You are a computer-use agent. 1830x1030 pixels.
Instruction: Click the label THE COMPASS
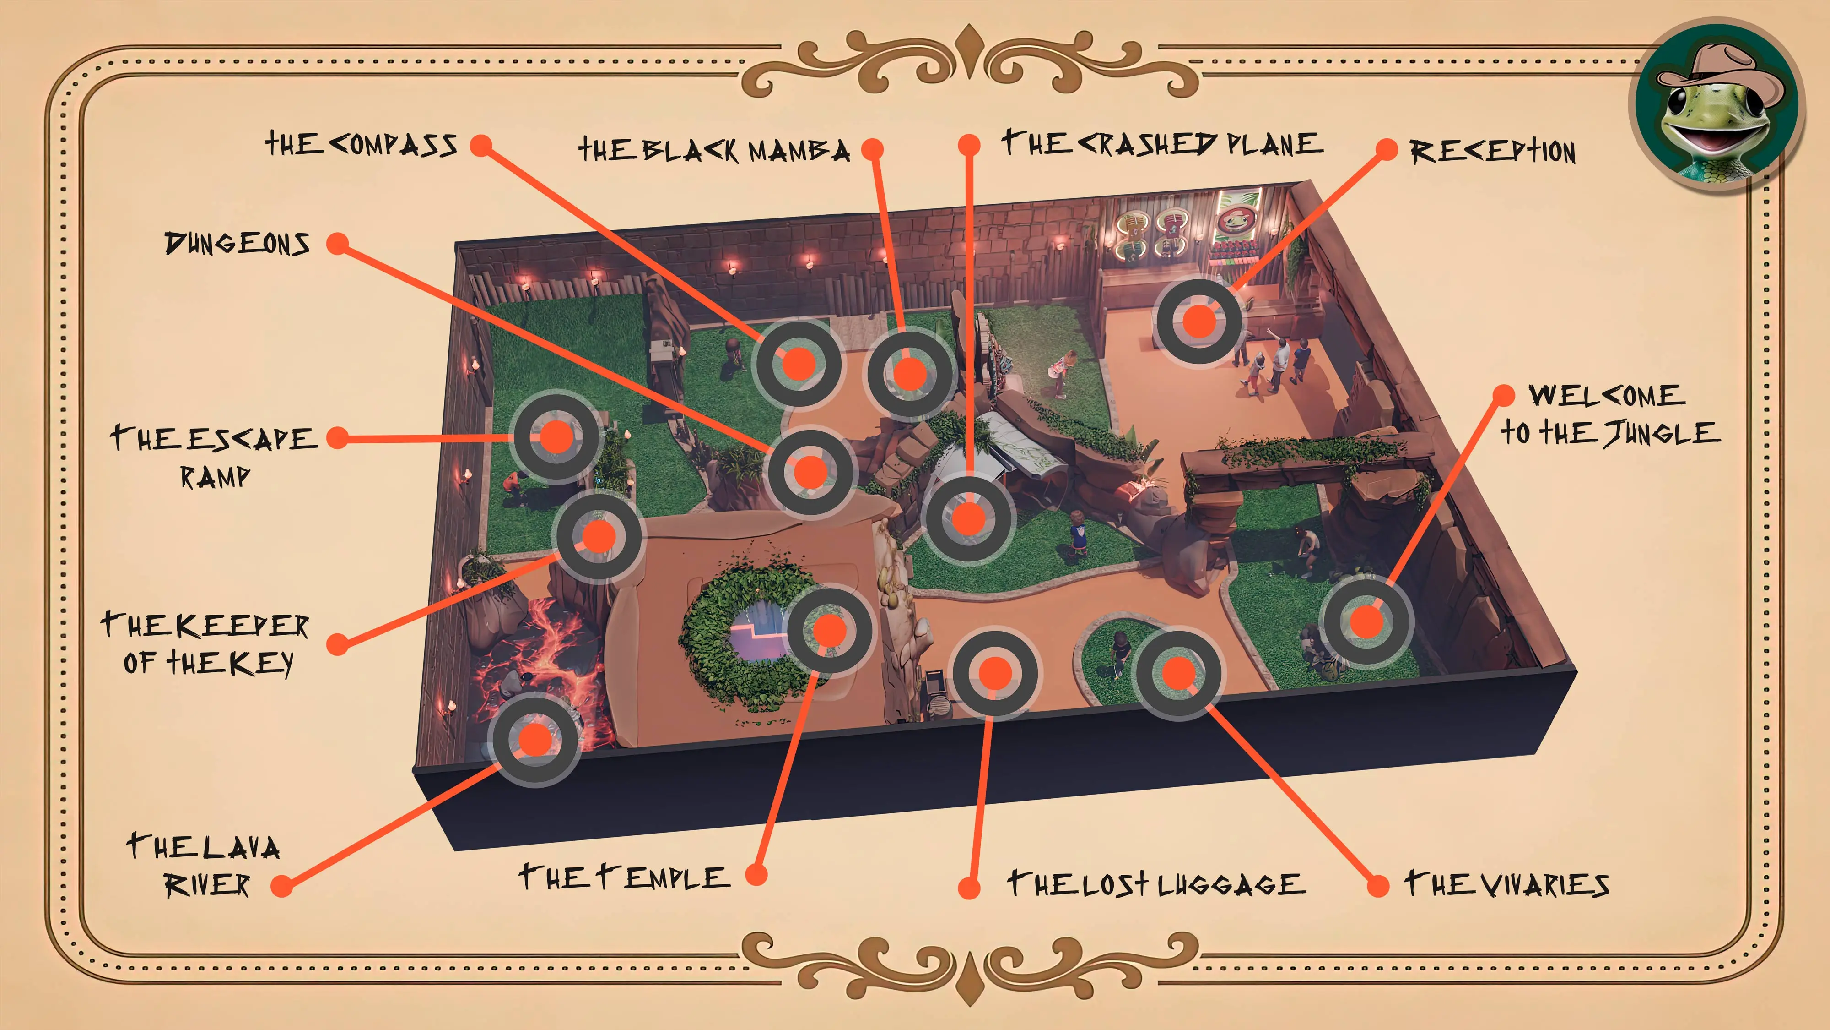coord(361,145)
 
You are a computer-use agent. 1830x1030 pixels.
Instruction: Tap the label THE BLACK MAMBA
coord(714,150)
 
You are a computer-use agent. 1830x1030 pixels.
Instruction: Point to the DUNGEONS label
coord(237,244)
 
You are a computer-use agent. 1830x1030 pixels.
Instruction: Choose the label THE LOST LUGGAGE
coord(1156,884)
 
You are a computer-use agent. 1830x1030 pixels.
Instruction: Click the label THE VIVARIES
coord(1506,884)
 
